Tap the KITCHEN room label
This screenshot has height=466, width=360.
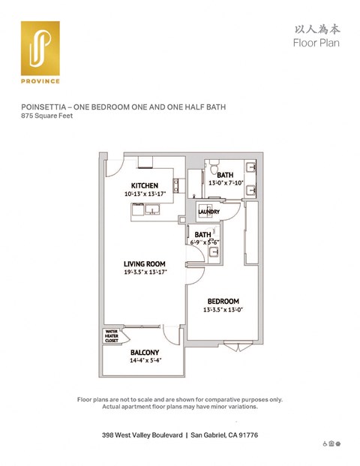[x=144, y=185]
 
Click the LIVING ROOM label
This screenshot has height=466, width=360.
[x=145, y=263]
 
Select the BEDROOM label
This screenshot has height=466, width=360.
[x=223, y=301]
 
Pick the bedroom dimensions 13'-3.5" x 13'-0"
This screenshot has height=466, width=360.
[x=223, y=309]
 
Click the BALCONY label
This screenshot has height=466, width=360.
[x=144, y=352]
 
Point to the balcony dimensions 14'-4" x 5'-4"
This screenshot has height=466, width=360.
[x=144, y=360]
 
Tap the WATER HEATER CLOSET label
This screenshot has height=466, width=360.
[x=112, y=335]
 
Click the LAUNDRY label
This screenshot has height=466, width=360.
[x=208, y=212]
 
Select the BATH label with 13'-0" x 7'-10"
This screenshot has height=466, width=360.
[x=225, y=175]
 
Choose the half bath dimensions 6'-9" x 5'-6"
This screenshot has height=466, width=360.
[x=202, y=242]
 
